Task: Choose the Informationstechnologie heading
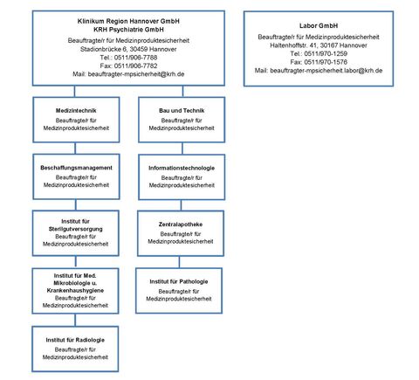[x=182, y=167]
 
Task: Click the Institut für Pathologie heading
[x=179, y=281]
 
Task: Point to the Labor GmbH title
[x=319, y=25]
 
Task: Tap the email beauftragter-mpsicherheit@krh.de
[x=129, y=74]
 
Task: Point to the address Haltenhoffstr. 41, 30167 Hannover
[x=319, y=44]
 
